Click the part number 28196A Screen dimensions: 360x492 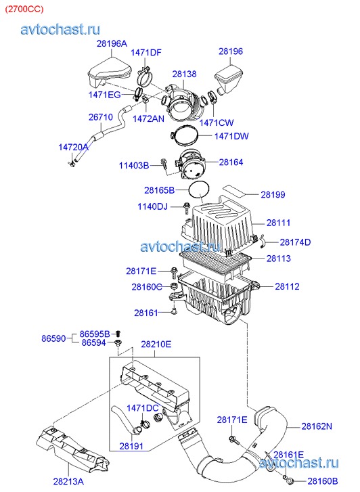(x=112, y=43)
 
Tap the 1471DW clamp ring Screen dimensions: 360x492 (x=185, y=129)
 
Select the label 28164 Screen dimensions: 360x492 (x=231, y=162)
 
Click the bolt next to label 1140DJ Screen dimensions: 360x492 (x=187, y=208)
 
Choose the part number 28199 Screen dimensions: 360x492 (x=273, y=194)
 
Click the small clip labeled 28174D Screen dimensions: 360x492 (x=263, y=242)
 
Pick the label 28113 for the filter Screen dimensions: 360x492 (x=279, y=259)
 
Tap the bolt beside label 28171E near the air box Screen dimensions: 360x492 (x=173, y=272)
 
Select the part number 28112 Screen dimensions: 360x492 (x=287, y=286)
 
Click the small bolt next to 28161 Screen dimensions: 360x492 (x=174, y=311)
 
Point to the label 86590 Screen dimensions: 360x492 (x=53, y=338)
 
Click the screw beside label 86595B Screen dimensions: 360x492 (x=118, y=334)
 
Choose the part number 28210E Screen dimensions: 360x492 (x=156, y=344)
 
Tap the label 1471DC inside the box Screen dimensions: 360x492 (x=142, y=408)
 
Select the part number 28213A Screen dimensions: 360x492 (x=68, y=481)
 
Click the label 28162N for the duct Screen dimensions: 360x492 (x=317, y=426)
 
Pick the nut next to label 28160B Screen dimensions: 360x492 (x=290, y=480)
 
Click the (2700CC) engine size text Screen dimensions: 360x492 (x=24, y=9)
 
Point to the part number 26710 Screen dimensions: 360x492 (x=101, y=116)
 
